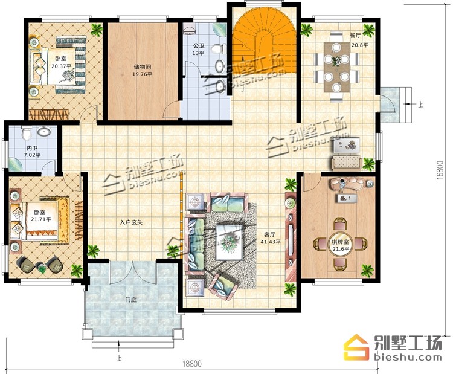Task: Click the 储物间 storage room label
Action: pyautogui.click(x=143, y=67)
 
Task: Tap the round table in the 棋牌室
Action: pyautogui.click(x=340, y=245)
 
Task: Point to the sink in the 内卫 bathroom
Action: pyautogui.click(x=44, y=132)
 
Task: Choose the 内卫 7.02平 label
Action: pyautogui.click(x=32, y=152)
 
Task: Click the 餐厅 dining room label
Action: pyautogui.click(x=355, y=36)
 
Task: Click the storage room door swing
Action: pyautogui.click(x=171, y=109)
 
